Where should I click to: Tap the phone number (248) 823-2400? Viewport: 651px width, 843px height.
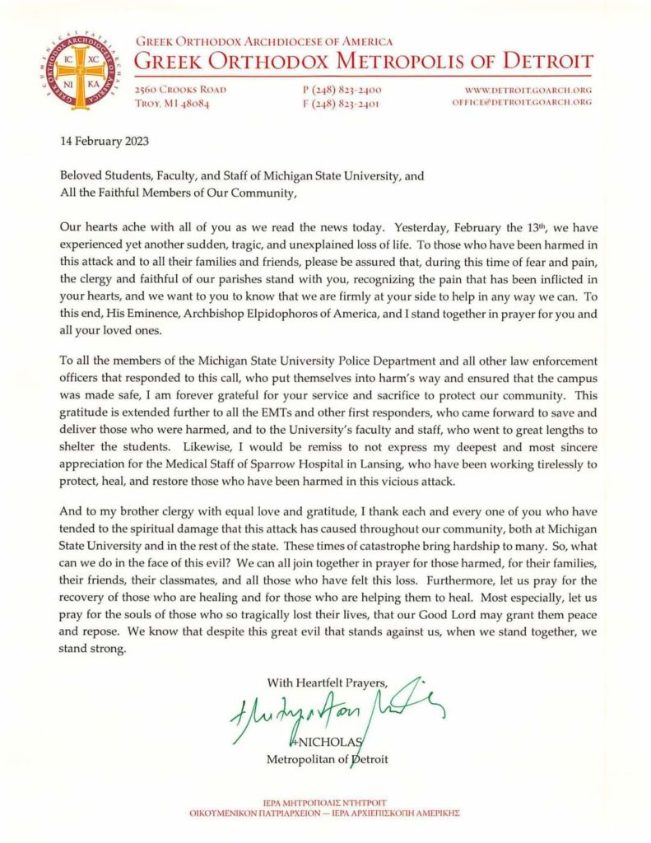point(342,89)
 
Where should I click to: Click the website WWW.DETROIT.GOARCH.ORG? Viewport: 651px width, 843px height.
point(528,89)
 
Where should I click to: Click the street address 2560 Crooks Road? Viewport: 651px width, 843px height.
point(180,89)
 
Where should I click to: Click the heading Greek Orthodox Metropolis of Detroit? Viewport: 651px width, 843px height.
point(363,61)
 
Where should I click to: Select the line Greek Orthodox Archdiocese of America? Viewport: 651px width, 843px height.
point(263,40)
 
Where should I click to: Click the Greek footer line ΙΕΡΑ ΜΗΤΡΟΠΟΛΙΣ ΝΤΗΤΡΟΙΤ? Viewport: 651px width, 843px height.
point(326,802)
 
